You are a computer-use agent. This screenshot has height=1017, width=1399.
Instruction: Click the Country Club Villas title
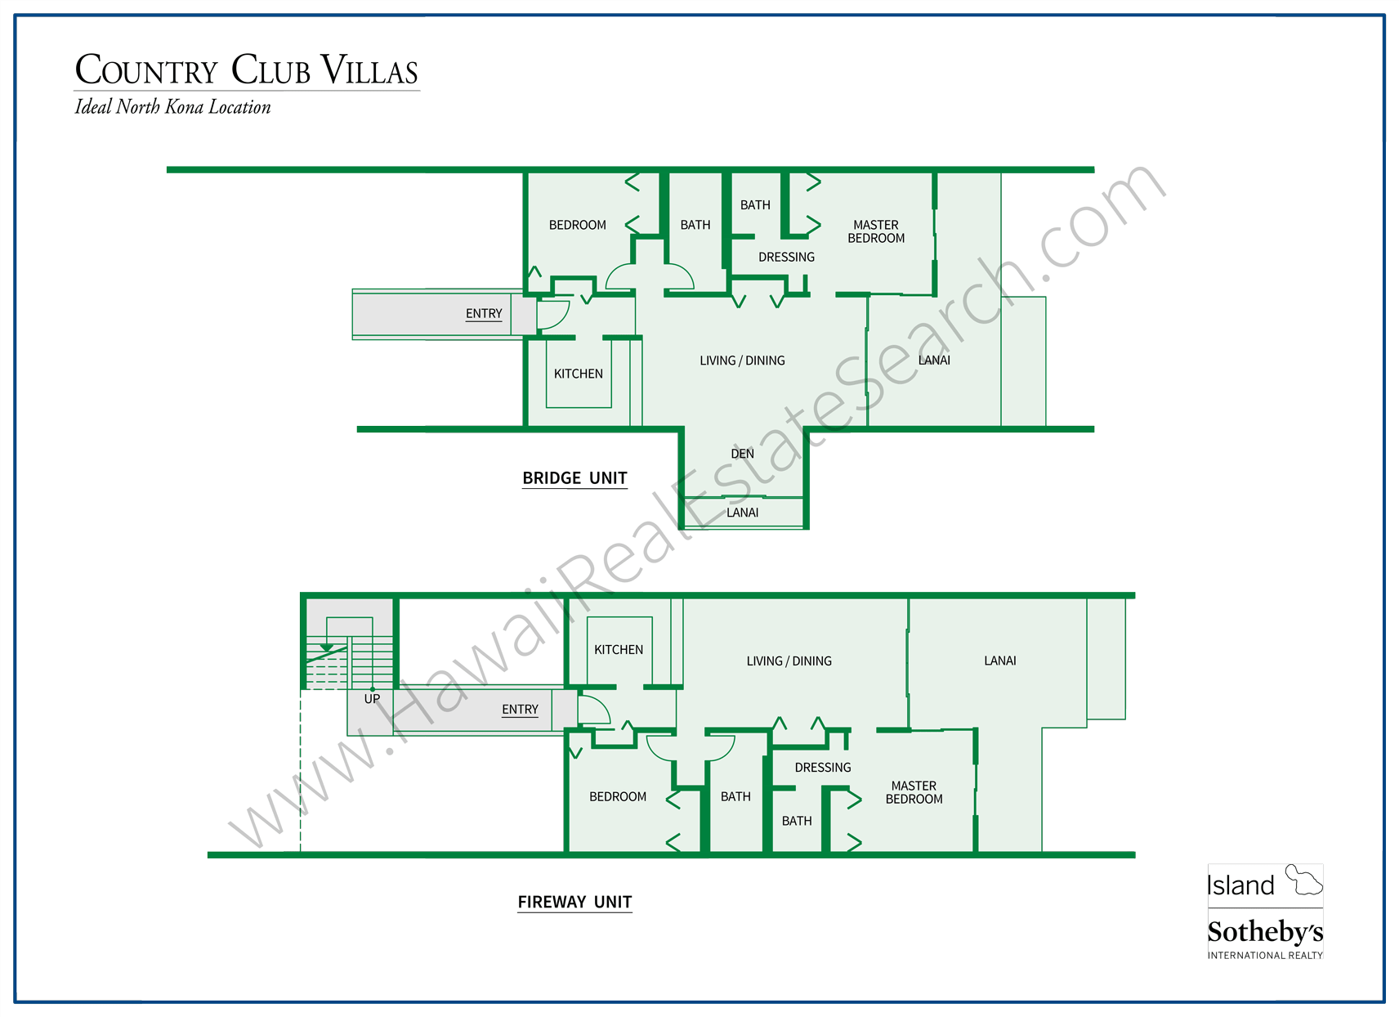click(x=246, y=70)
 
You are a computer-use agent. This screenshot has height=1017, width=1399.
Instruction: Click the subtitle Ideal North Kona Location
click(x=172, y=107)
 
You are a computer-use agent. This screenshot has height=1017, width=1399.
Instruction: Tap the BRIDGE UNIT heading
click(x=574, y=478)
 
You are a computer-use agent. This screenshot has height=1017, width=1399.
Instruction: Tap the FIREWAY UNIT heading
click(x=574, y=902)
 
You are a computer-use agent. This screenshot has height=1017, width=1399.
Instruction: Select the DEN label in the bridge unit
click(x=742, y=454)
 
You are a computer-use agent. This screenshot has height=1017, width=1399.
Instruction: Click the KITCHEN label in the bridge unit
click(x=578, y=374)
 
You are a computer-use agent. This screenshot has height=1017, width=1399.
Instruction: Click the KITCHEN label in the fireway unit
click(x=618, y=650)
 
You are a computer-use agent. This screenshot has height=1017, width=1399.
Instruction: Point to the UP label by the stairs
click(x=372, y=699)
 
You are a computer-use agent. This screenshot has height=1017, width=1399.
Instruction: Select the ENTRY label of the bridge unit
click(x=484, y=314)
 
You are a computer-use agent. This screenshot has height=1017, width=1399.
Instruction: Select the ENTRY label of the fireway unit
click(x=520, y=710)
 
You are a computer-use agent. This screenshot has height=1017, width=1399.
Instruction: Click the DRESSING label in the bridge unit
click(x=786, y=258)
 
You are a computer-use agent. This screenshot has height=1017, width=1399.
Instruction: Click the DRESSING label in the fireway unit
click(x=822, y=768)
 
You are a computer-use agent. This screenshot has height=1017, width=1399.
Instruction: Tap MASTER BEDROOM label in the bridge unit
click(x=876, y=231)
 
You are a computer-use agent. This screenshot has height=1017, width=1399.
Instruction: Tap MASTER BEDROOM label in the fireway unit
click(x=914, y=792)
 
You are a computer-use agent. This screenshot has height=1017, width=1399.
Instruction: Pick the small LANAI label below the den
click(x=742, y=513)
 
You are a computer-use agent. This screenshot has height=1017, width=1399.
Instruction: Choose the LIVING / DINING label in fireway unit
click(x=789, y=661)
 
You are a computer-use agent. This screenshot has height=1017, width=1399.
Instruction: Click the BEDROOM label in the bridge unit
click(x=577, y=225)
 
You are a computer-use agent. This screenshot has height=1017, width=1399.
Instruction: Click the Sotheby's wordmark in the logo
click(x=1264, y=932)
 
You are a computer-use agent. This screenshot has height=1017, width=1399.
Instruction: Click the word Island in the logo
click(x=1240, y=885)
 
